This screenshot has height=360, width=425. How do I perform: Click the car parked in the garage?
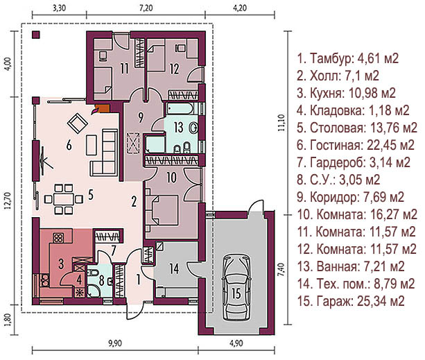coord(236,288)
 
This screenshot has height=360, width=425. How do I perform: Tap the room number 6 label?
coord(69,146)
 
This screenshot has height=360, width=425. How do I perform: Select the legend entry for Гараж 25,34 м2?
coord(351,301)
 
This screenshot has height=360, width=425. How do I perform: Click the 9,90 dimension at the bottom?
coord(115,343)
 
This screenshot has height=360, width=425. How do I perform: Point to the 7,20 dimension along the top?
coord(146,8)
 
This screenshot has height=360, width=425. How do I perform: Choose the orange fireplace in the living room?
coord(103,108)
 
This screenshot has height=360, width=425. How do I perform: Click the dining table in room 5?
coord(63,200)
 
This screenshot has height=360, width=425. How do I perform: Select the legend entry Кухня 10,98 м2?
coord(346,93)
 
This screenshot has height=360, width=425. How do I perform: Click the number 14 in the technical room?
coord(174,268)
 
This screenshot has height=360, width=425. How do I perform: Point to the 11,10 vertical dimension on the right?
coord(281,123)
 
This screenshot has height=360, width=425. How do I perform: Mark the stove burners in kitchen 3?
coord(58,238)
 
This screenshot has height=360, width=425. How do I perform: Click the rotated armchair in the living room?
coord(77,123)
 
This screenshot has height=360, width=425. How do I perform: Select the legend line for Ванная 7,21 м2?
coord(351,266)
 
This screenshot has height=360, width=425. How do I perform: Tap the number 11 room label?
coord(124,69)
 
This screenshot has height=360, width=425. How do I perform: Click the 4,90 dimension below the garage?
coord(236,343)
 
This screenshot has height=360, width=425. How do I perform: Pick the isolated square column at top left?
coord(36,35)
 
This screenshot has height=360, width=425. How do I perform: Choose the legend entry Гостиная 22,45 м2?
coord(356,145)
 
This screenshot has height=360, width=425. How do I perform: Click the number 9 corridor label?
coord(141,118)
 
